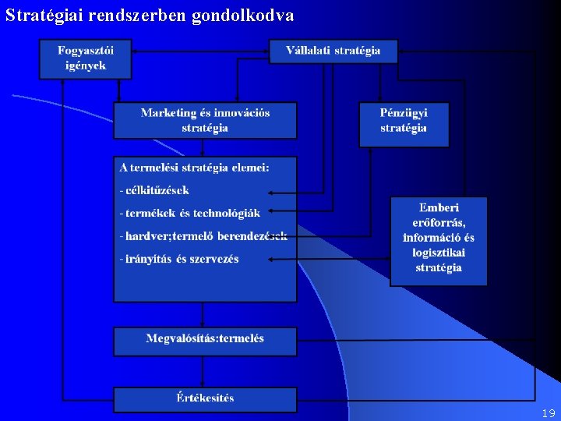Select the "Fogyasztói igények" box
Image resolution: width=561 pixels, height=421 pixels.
pos(86,58)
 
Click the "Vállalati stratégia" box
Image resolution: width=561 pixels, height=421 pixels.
pos(333,51)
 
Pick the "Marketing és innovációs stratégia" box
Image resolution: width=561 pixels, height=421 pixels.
pos(205,120)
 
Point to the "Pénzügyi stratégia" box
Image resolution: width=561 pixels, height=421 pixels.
pos(404,125)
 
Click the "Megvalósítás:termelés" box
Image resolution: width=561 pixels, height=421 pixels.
pos(205,340)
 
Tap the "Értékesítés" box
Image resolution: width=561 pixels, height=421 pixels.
pos(205,398)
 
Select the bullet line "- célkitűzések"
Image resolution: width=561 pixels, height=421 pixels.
pos(156,189)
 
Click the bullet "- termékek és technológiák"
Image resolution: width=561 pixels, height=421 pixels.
pos(191,212)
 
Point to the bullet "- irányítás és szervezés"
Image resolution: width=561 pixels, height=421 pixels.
pos(180,259)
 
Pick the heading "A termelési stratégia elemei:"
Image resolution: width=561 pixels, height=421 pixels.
pos(194,167)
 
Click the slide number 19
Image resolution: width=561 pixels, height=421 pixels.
pos(548,414)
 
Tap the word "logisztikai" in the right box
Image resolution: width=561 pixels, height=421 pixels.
pos(439,253)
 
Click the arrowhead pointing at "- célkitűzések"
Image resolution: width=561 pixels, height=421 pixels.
pos(292,189)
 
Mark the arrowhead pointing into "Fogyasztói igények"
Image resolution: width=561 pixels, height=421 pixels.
pos(136,51)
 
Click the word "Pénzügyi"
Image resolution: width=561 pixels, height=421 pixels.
pos(404,113)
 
